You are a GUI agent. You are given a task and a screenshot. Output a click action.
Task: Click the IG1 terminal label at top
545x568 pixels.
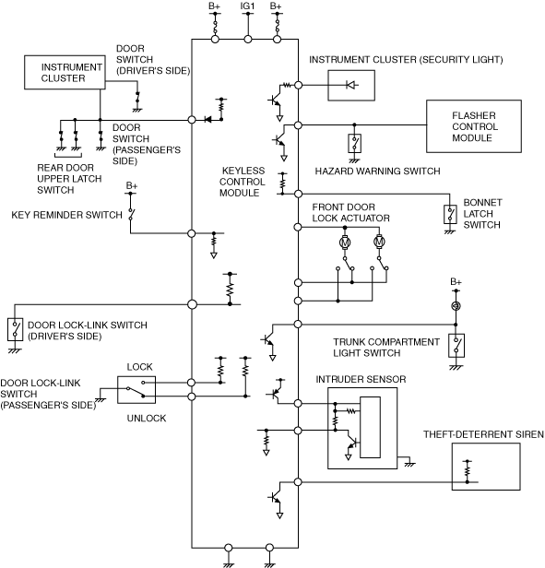tap(247, 6)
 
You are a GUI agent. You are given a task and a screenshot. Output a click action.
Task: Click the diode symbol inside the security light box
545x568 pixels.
tap(351, 85)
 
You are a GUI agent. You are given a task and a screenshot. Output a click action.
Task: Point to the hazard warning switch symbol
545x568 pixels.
tap(354, 144)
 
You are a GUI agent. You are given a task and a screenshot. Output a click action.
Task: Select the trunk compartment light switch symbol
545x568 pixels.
tap(456, 346)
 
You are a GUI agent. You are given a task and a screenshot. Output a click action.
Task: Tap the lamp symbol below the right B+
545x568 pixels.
tap(456, 306)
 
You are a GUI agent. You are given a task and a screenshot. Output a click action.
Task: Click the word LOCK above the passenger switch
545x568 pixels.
tap(139, 367)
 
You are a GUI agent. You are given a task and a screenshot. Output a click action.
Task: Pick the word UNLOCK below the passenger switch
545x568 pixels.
tap(147, 418)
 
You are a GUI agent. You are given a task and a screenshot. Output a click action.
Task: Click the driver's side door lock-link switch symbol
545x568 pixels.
tap(15, 330)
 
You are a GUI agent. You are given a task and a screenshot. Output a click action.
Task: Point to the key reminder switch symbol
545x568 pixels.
tap(131, 214)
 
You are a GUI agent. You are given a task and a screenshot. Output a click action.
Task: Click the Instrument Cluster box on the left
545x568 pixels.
tap(65, 73)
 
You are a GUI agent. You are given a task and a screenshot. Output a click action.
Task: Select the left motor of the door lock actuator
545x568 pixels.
tap(345, 242)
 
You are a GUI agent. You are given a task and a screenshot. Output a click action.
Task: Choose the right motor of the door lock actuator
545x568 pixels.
tap(379, 242)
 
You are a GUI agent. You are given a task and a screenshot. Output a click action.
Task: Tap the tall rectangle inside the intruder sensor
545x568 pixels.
tap(370, 428)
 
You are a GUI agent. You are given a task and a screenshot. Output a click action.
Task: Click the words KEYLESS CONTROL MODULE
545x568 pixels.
tap(242, 182)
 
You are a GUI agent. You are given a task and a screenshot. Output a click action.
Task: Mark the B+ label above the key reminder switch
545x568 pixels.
tap(132, 185)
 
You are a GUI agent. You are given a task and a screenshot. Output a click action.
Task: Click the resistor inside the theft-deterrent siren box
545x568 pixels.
tap(468, 470)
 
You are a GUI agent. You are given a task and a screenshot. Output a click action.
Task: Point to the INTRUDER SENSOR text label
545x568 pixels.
tap(361, 379)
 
